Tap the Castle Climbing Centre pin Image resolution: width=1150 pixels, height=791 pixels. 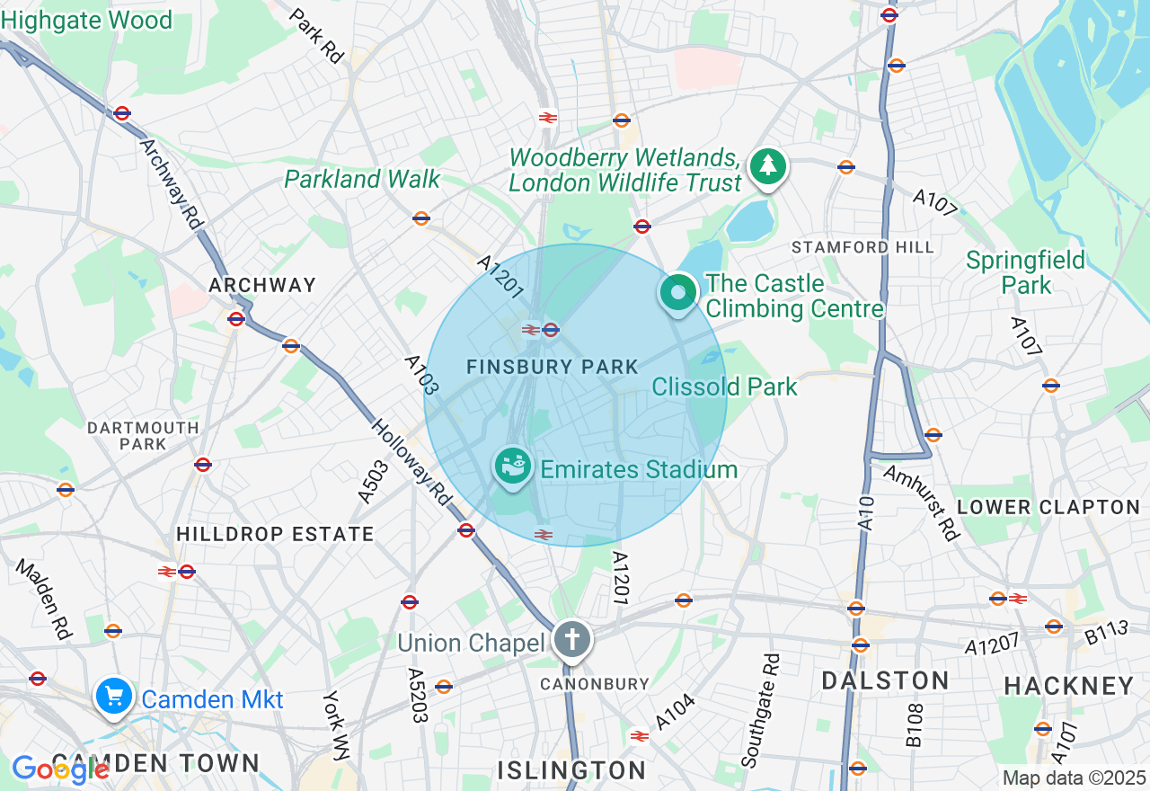679,293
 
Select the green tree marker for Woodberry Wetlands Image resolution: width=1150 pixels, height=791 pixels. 768,167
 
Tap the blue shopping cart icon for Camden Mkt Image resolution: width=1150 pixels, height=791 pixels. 114,697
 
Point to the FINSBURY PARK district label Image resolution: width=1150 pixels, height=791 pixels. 552,367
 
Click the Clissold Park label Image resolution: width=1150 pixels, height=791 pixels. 724,387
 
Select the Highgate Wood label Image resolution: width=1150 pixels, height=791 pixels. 86,21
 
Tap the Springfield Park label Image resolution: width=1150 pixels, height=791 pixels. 1026,273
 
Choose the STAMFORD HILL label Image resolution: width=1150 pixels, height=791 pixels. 862,247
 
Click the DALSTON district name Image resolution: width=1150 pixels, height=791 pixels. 885,680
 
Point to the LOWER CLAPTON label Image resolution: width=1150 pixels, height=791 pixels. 1048,507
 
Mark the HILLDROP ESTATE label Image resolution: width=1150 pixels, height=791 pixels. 275,534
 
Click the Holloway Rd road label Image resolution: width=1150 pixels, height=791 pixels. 411,461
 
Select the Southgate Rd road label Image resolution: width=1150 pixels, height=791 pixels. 759,711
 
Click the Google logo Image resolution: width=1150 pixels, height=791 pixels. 60,769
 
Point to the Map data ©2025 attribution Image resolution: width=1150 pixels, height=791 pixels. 1074,778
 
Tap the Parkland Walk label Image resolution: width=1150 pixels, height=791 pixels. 362,179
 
